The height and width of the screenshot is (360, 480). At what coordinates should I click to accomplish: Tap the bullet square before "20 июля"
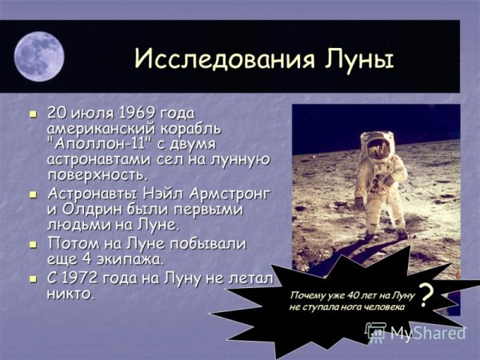(x=33, y=114)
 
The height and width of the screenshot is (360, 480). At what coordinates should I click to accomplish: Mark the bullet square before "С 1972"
(x=33, y=278)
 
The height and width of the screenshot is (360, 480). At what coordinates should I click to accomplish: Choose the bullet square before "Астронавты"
(x=33, y=194)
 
